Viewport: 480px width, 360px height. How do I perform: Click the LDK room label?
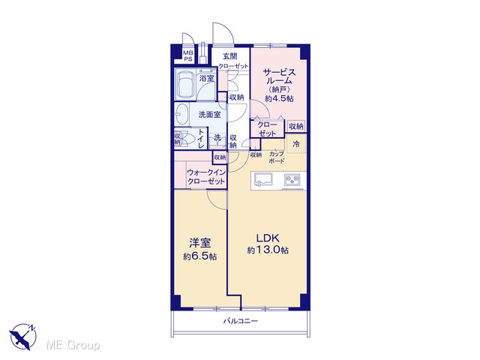[x=268, y=238]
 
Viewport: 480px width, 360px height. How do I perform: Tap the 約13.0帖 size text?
[x=268, y=250]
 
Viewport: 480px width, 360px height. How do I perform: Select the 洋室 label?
[x=199, y=244]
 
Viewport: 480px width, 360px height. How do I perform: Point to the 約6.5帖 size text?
[x=200, y=256]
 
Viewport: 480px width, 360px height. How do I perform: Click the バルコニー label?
[x=240, y=321]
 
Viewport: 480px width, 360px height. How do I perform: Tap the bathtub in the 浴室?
[x=185, y=84]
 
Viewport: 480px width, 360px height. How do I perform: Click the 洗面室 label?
[x=209, y=115]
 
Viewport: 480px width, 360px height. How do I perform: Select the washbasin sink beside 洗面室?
[x=181, y=115]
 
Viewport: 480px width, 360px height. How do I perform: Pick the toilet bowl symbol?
[x=186, y=139]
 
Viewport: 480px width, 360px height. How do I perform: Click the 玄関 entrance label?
[x=230, y=56]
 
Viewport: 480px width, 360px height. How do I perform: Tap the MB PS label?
[x=188, y=56]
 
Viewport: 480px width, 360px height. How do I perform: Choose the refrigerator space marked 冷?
[x=296, y=144]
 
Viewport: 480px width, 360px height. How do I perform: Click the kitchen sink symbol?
[x=263, y=180]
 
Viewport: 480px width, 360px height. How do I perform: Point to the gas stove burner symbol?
[x=292, y=180]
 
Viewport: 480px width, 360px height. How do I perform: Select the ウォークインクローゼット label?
[x=206, y=177]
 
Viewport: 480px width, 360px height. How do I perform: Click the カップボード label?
[x=277, y=157]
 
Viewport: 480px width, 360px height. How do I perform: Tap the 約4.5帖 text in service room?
[x=279, y=98]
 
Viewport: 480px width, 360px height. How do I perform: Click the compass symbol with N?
[x=23, y=336]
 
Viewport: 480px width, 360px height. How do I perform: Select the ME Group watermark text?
[x=73, y=345]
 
